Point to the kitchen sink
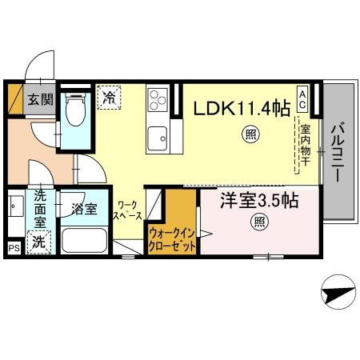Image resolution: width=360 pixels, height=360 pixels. tap(157, 134)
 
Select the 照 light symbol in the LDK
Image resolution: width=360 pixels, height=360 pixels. tap(251, 136)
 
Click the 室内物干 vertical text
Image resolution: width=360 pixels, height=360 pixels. tap(305, 145)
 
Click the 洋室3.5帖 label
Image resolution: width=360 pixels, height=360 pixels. tap(260, 201)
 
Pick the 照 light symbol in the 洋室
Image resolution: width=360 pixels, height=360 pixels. tap(259, 221)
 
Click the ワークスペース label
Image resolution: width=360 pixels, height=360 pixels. tap(128, 210)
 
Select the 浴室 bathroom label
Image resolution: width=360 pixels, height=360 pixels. tap(84, 210)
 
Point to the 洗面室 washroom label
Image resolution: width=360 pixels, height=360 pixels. tap(39, 210)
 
